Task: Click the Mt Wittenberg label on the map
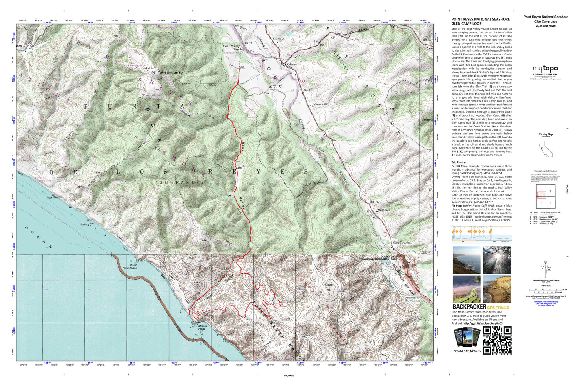click(166, 72)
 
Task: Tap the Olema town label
click(292, 64)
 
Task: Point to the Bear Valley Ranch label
click(232, 48)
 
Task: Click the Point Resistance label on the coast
click(130, 266)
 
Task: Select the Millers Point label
click(202, 327)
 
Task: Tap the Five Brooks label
click(401, 243)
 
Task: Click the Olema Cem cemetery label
click(320, 104)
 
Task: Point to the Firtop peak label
click(328, 285)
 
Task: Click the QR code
click(497, 340)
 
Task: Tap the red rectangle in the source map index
click(541, 195)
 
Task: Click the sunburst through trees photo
click(497, 260)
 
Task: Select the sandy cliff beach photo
click(497, 289)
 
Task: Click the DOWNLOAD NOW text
click(467, 351)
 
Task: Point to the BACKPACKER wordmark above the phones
click(469, 307)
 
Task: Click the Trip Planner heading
click(459, 162)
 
